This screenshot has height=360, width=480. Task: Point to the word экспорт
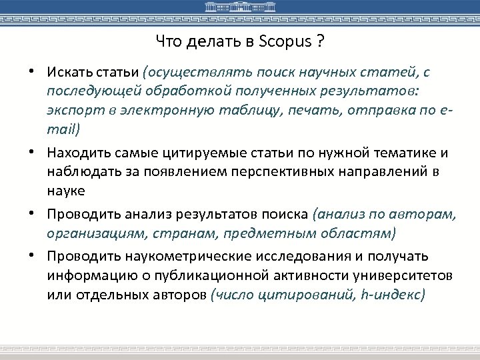click(x=71, y=109)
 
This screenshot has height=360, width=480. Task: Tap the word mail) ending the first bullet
click(x=63, y=128)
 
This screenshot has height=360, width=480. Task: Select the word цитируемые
click(x=197, y=153)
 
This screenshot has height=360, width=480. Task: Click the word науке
click(x=65, y=191)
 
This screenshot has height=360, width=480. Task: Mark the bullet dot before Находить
click(x=32, y=153)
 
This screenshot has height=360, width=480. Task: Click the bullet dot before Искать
click(x=32, y=71)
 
